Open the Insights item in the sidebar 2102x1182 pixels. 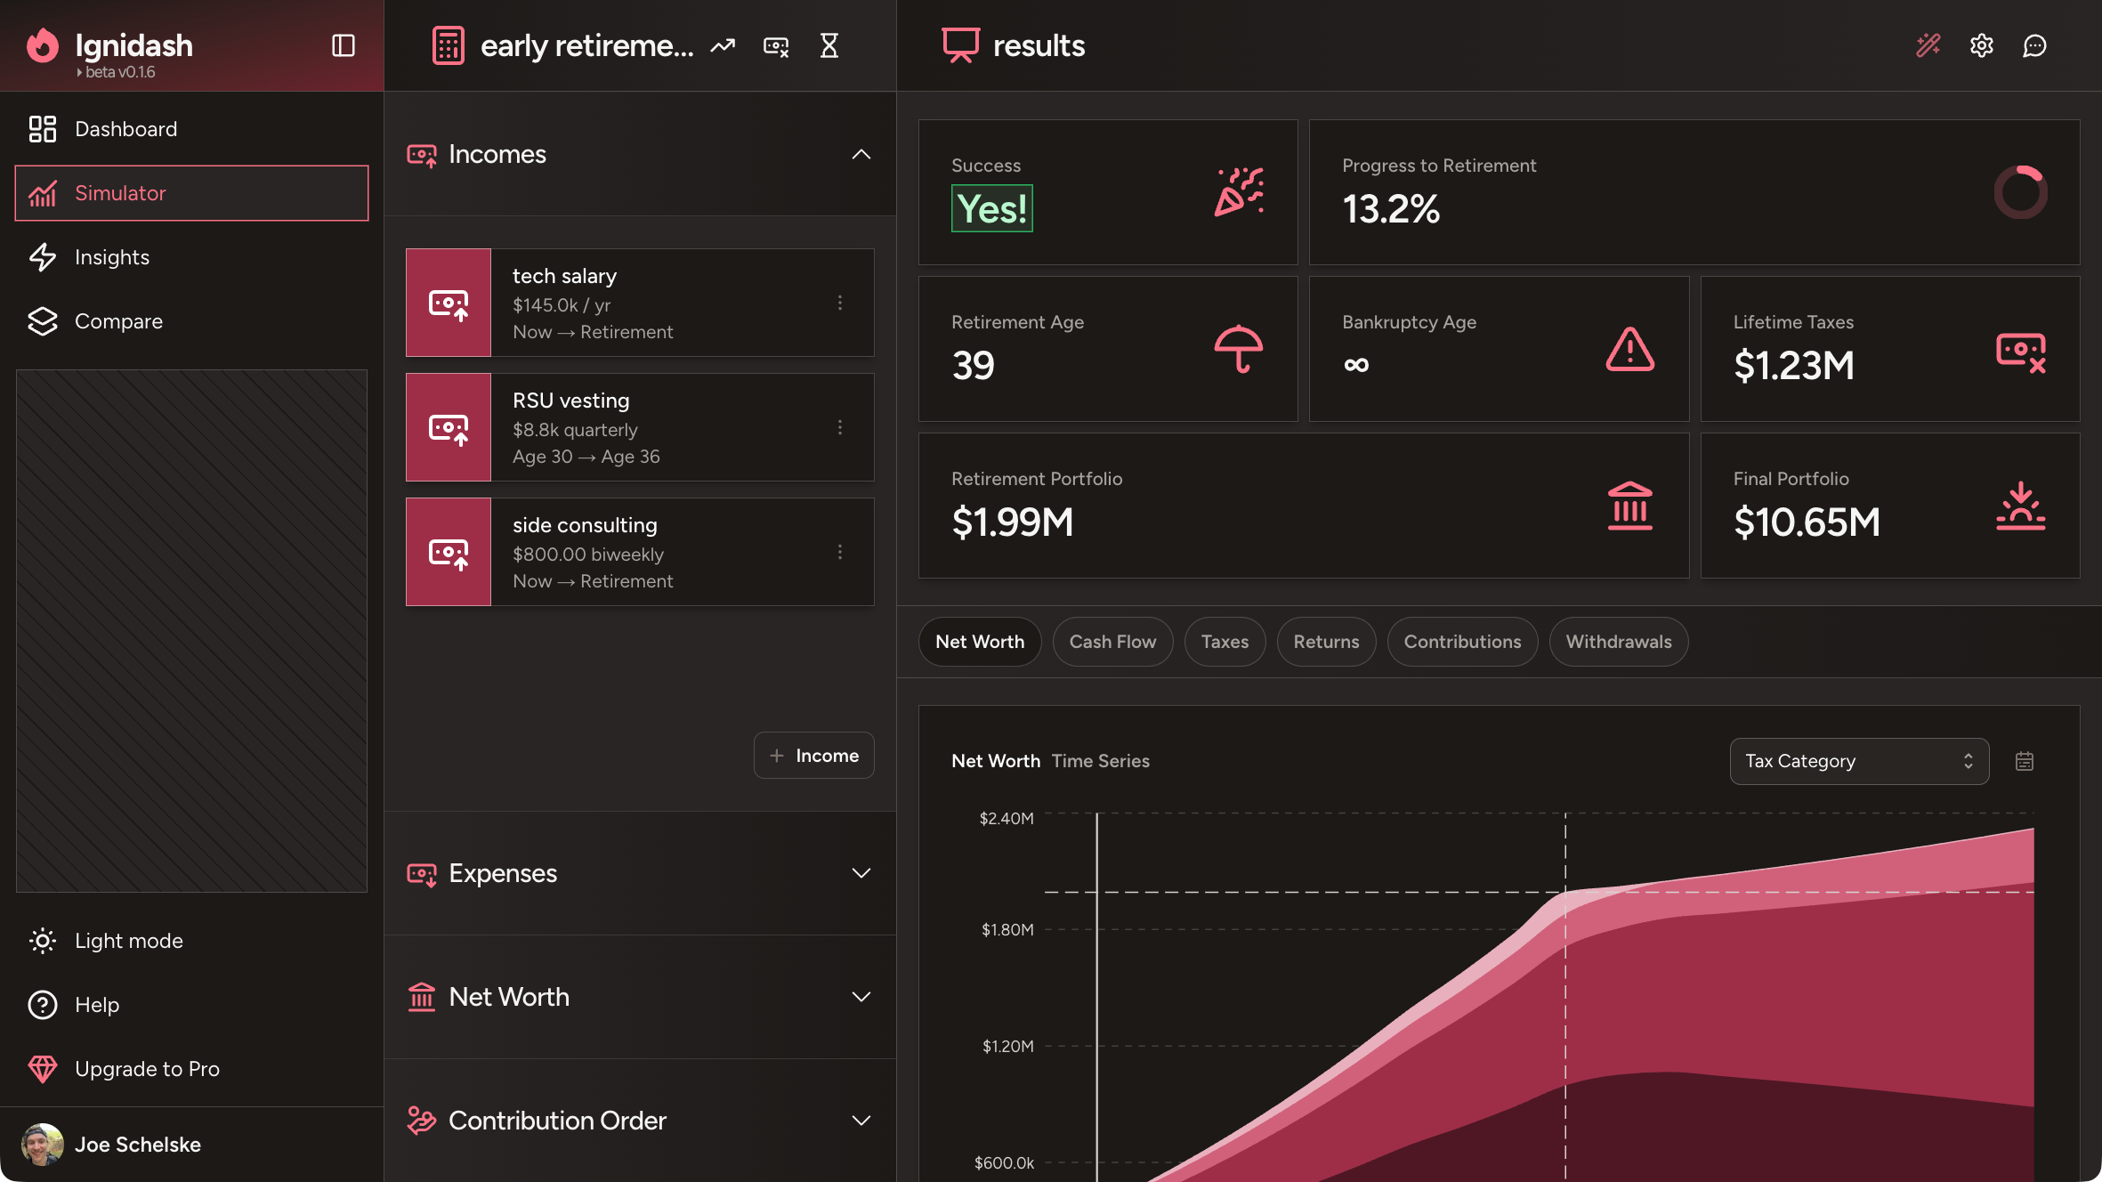(x=112, y=257)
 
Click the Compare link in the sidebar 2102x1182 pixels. (x=118, y=321)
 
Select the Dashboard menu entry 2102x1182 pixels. (x=125, y=129)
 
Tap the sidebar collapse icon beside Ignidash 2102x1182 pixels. (x=344, y=45)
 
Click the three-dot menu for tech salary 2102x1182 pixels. (x=839, y=303)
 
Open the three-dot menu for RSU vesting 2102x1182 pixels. (x=839, y=427)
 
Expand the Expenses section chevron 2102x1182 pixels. (x=861, y=873)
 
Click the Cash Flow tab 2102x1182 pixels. (x=1112, y=642)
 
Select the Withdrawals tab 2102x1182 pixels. (x=1618, y=642)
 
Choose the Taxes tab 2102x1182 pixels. (x=1225, y=642)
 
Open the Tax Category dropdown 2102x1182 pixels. (x=1858, y=761)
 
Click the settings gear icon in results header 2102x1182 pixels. (x=1981, y=45)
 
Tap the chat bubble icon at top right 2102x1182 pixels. (x=2034, y=45)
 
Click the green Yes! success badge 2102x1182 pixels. (x=991, y=209)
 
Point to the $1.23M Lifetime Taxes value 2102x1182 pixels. (x=1793, y=366)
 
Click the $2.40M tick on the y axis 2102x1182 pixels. (x=1007, y=818)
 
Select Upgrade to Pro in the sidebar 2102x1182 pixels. (x=147, y=1069)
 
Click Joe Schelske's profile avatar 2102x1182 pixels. (x=42, y=1145)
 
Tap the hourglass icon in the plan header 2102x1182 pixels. (x=829, y=45)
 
